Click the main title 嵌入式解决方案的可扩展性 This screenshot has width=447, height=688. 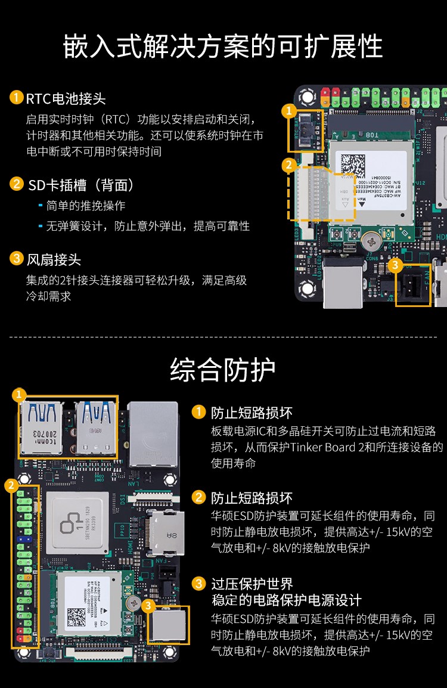click(223, 47)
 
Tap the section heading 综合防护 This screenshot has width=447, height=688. click(223, 370)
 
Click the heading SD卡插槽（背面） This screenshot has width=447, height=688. click(81, 184)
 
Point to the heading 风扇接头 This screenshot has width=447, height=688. click(53, 259)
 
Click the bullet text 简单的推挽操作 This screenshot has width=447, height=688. click(86, 206)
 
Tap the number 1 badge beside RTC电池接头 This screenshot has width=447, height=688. click(16, 97)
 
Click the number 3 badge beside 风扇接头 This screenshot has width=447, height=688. click(16, 258)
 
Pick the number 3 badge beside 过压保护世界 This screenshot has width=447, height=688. click(198, 583)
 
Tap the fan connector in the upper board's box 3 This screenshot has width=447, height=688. click(413, 286)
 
